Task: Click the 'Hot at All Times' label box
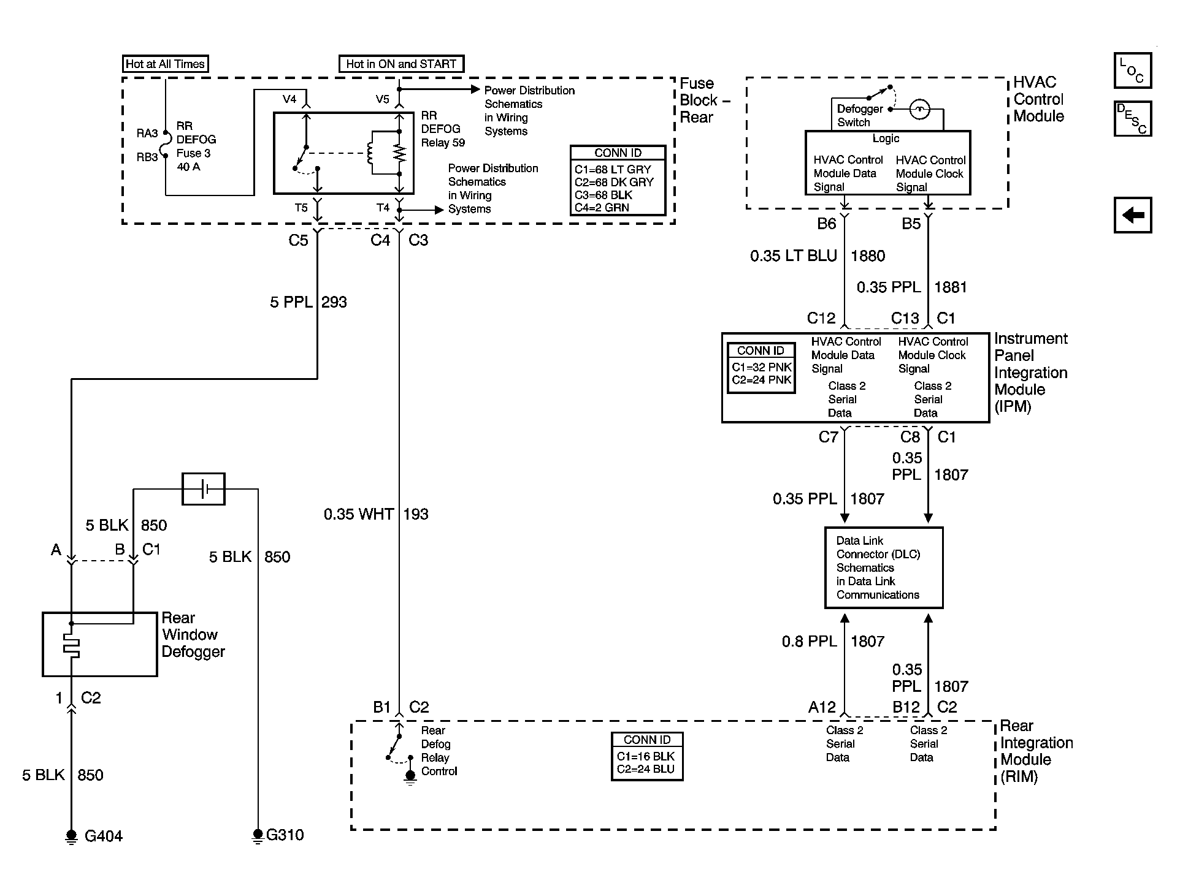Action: [165, 64]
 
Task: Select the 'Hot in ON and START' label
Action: [401, 64]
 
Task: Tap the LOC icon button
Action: [1132, 70]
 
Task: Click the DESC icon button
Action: [1132, 119]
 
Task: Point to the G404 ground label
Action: [104, 836]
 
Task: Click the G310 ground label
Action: [285, 835]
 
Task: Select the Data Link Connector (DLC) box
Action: [884, 567]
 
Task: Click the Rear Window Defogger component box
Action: [100, 644]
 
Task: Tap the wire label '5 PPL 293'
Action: [308, 302]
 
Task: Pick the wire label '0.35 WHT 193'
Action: [376, 514]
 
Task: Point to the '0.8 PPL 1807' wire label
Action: [833, 642]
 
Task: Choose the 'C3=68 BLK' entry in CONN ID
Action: [603, 195]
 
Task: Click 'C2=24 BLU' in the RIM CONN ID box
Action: [646, 769]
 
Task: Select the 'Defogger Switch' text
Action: [860, 115]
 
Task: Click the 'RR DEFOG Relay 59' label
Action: [443, 129]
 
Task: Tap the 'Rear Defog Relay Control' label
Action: [439, 751]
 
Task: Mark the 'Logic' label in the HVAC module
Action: [886, 138]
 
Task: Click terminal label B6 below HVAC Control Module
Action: [827, 224]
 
